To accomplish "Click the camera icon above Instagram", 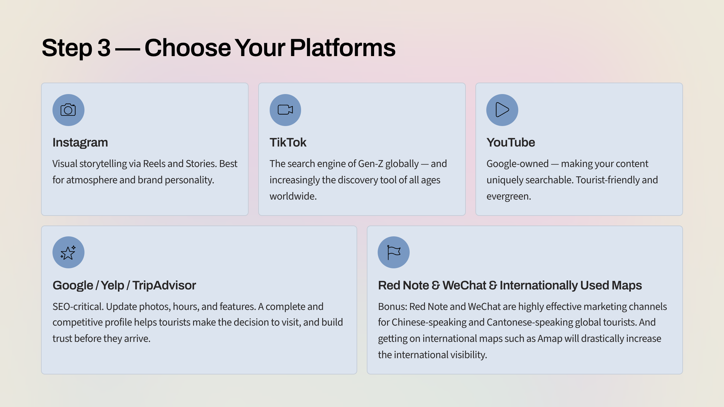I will tap(68, 110).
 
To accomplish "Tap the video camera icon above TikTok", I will tap(285, 110).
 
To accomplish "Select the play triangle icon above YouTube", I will tap(502, 110).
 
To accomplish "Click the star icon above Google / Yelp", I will tap(68, 253).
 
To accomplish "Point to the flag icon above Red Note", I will tap(393, 252).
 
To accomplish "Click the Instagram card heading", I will tap(80, 143).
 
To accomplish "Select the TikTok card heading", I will tap(288, 143).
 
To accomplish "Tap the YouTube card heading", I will tap(510, 143).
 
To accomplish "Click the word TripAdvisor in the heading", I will tap(164, 286).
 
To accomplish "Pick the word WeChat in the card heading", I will tap(464, 286).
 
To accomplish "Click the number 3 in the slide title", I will tap(104, 48).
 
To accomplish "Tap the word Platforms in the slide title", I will tap(342, 48).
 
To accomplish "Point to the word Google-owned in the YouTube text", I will tap(517, 164).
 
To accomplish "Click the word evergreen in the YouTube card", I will tap(508, 196).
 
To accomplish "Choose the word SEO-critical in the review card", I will tap(78, 307).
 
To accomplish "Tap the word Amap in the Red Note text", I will tap(550, 339).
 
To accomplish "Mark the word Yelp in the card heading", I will tap(112, 286).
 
